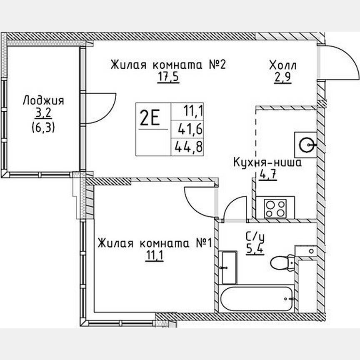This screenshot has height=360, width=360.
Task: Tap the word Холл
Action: click(283, 65)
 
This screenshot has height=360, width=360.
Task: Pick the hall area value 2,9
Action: click(282, 78)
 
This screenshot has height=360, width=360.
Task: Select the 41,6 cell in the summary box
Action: click(187, 130)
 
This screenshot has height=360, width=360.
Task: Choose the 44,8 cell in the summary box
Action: click(187, 147)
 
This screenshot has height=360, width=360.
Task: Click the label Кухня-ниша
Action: click(267, 162)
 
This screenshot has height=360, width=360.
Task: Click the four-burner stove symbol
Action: click(275, 208)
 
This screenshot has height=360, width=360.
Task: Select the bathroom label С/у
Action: click(255, 237)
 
